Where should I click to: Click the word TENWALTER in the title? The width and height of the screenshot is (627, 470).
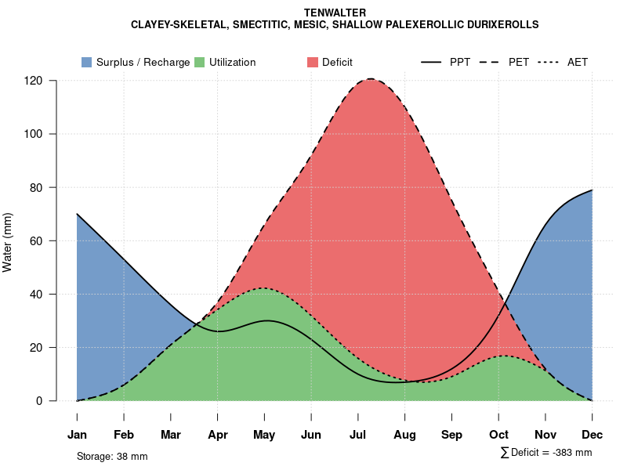click(x=335, y=13)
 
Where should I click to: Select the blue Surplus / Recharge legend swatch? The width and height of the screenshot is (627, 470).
click(x=86, y=62)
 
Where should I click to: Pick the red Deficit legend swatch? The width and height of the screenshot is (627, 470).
click(x=312, y=62)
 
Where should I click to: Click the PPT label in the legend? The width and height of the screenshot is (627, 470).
click(x=460, y=62)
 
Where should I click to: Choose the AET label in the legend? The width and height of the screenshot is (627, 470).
click(x=578, y=62)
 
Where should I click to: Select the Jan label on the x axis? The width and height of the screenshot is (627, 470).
click(x=77, y=435)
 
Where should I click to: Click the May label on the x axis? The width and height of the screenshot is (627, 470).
click(x=264, y=435)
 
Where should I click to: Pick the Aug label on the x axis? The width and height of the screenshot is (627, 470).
click(x=404, y=435)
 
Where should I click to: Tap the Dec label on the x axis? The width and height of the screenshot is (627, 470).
click(x=592, y=435)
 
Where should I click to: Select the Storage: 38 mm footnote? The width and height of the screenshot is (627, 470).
click(x=112, y=456)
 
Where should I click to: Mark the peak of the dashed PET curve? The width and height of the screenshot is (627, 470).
click(x=370, y=78)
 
